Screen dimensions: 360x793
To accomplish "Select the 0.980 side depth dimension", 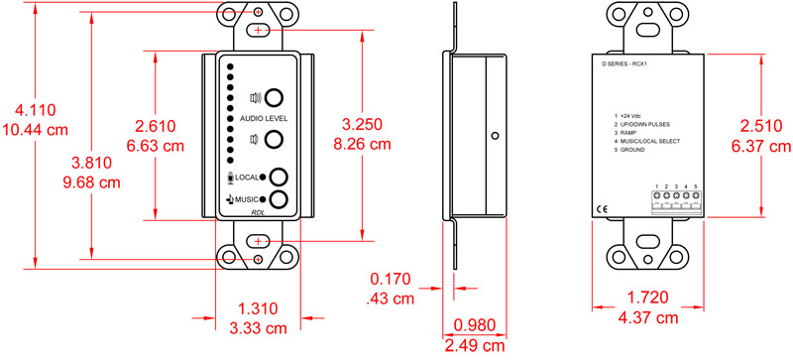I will (475, 324).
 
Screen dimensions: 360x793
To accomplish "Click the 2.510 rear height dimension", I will (757, 127).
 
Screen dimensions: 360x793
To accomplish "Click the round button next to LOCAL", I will (281, 178).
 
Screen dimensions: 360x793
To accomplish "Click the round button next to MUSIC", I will (281, 199).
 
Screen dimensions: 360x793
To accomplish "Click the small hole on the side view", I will (493, 134).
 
